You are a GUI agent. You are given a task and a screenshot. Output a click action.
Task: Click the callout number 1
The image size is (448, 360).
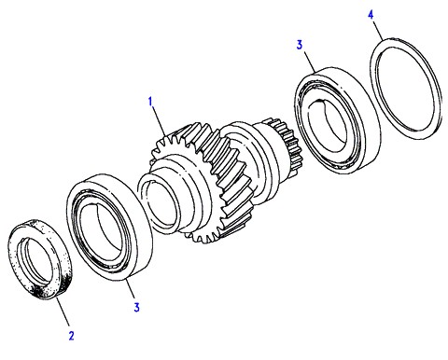[150, 102]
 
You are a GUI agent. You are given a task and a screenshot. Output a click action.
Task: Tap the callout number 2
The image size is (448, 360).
[72, 336]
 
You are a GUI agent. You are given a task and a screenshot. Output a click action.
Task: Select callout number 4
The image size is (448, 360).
[371, 15]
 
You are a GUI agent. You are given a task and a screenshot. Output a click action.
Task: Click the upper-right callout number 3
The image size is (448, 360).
[299, 45]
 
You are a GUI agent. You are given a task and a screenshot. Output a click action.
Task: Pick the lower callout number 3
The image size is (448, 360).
[136, 307]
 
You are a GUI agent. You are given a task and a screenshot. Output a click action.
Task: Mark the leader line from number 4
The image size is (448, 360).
[378, 30]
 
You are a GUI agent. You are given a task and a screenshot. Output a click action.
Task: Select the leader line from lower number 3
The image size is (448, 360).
[131, 289]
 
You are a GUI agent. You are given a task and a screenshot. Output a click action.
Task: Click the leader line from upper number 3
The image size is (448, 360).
[310, 62]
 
